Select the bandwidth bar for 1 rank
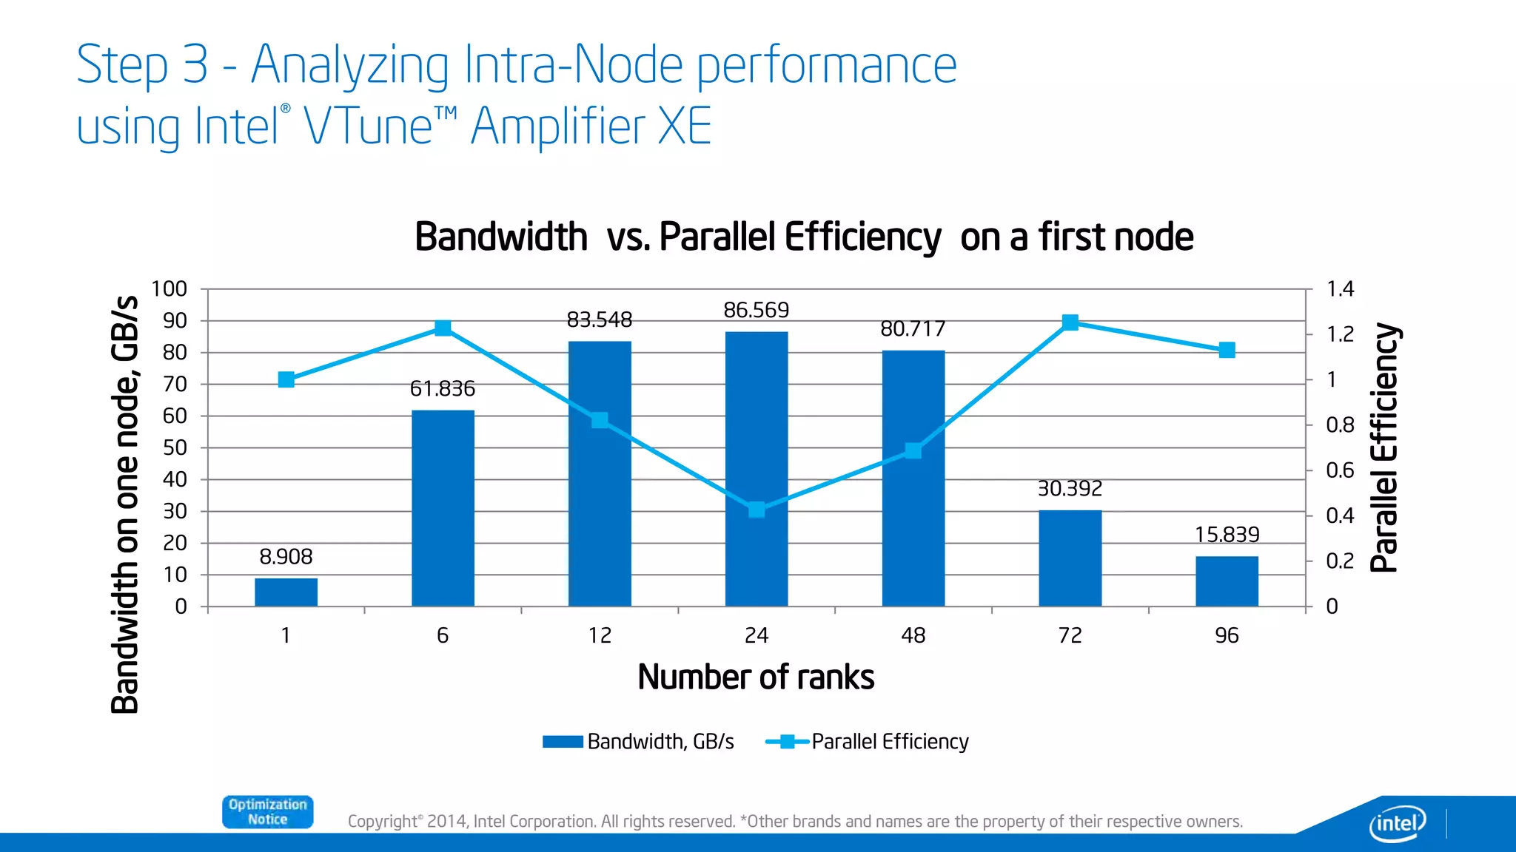tap(286, 592)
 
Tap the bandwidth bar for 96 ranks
tap(1226, 581)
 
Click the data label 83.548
tap(599, 319)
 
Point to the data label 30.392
tap(1069, 488)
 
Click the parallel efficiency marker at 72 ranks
tap(1070, 322)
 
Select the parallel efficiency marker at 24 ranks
tap(756, 510)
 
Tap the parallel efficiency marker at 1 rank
tap(286, 379)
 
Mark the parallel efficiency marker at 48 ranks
tap(913, 450)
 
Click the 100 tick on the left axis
tap(170, 289)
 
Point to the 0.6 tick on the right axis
tap(1339, 470)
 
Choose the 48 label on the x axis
tap(913, 635)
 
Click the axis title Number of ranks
tap(755, 677)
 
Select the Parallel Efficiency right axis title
tap(1383, 447)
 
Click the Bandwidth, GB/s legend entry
tap(638, 742)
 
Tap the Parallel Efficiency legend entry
tap(868, 742)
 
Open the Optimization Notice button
tap(267, 812)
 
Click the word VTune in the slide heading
tap(368, 126)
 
